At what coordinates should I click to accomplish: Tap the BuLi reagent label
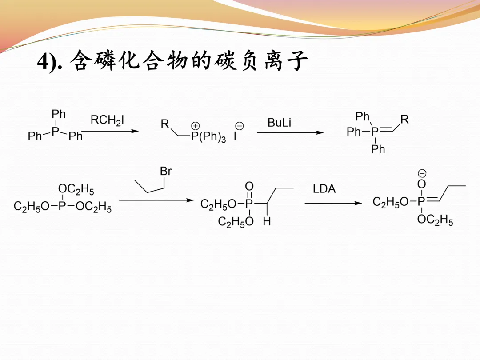point(280,123)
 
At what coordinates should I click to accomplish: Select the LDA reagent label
point(324,189)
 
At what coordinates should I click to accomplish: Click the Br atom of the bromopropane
point(166,172)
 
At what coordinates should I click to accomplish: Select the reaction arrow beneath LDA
point(333,204)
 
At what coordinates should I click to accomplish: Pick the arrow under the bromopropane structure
point(153,200)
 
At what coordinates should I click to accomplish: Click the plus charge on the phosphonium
point(196,126)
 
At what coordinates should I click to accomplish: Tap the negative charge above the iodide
point(239,126)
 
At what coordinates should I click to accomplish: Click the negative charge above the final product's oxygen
point(422,173)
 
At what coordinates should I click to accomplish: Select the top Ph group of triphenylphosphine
point(59,114)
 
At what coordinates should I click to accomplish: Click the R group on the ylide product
point(404,120)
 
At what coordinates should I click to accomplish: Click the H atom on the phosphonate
point(267,221)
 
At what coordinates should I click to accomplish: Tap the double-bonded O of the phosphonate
point(249,186)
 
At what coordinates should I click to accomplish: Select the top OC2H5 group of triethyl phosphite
point(76,191)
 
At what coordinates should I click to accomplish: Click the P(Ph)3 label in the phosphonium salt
point(208,137)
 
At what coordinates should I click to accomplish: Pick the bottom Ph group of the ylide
point(378,149)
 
